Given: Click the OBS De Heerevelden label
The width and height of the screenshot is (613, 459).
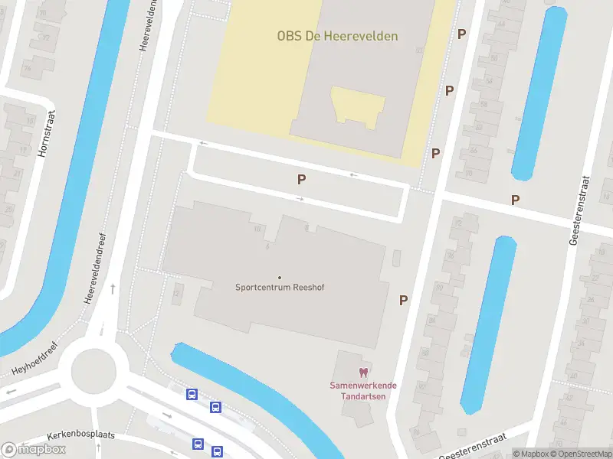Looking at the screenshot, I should (x=337, y=36).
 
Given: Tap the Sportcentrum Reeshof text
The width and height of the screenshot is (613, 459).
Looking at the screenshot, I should (x=279, y=288).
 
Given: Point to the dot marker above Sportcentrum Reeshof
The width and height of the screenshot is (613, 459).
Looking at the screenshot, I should (x=279, y=278).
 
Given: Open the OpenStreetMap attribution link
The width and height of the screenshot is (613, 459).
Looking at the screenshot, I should (x=580, y=454).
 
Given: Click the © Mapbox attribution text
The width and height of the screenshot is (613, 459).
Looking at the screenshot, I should (x=530, y=454).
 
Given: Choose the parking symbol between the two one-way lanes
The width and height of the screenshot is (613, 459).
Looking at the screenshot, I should (x=302, y=179).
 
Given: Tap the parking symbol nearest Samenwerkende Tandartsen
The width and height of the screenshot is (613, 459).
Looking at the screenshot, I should (x=403, y=301).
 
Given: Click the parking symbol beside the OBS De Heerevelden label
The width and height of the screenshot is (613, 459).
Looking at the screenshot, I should (x=461, y=34).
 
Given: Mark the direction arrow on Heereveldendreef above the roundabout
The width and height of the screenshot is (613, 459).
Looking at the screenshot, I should (x=113, y=289).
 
